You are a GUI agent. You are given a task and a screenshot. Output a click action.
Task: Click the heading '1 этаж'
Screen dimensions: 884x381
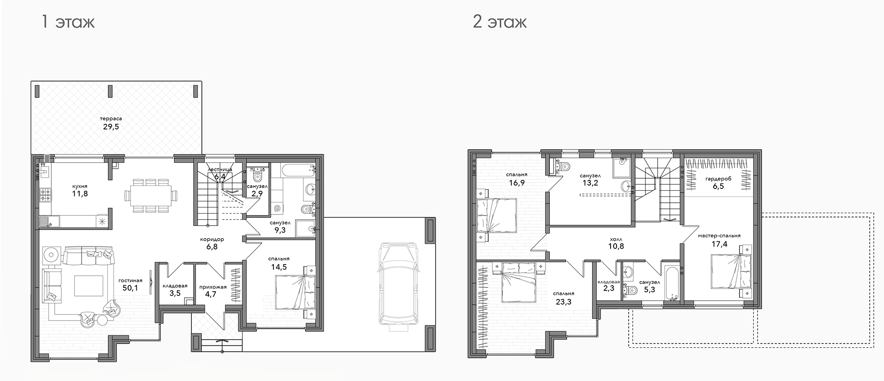coord(68,22)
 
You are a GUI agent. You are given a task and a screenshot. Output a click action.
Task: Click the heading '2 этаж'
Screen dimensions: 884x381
coord(500,22)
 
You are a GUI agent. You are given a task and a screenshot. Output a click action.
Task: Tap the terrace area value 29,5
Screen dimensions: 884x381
coord(111,127)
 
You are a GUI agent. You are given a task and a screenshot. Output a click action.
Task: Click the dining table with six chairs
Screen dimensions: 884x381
coord(150,195)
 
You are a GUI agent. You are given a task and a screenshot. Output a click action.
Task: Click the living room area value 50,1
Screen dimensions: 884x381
coord(130,288)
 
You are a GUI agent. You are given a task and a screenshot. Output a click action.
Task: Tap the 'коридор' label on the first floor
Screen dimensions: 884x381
coord(212,239)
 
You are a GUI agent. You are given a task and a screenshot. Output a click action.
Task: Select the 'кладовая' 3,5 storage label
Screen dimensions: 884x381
coord(175,286)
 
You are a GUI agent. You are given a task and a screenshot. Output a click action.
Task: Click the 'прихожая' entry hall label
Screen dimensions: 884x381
coord(213,287)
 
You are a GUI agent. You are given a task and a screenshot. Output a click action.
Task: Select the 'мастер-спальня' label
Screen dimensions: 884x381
coord(719,236)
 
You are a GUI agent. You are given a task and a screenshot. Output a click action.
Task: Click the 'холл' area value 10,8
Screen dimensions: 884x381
coord(616,247)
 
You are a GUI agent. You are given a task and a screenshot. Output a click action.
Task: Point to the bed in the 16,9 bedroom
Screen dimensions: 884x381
coord(496,215)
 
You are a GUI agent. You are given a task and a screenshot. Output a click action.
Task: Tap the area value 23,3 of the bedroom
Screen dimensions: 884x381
coord(564,302)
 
